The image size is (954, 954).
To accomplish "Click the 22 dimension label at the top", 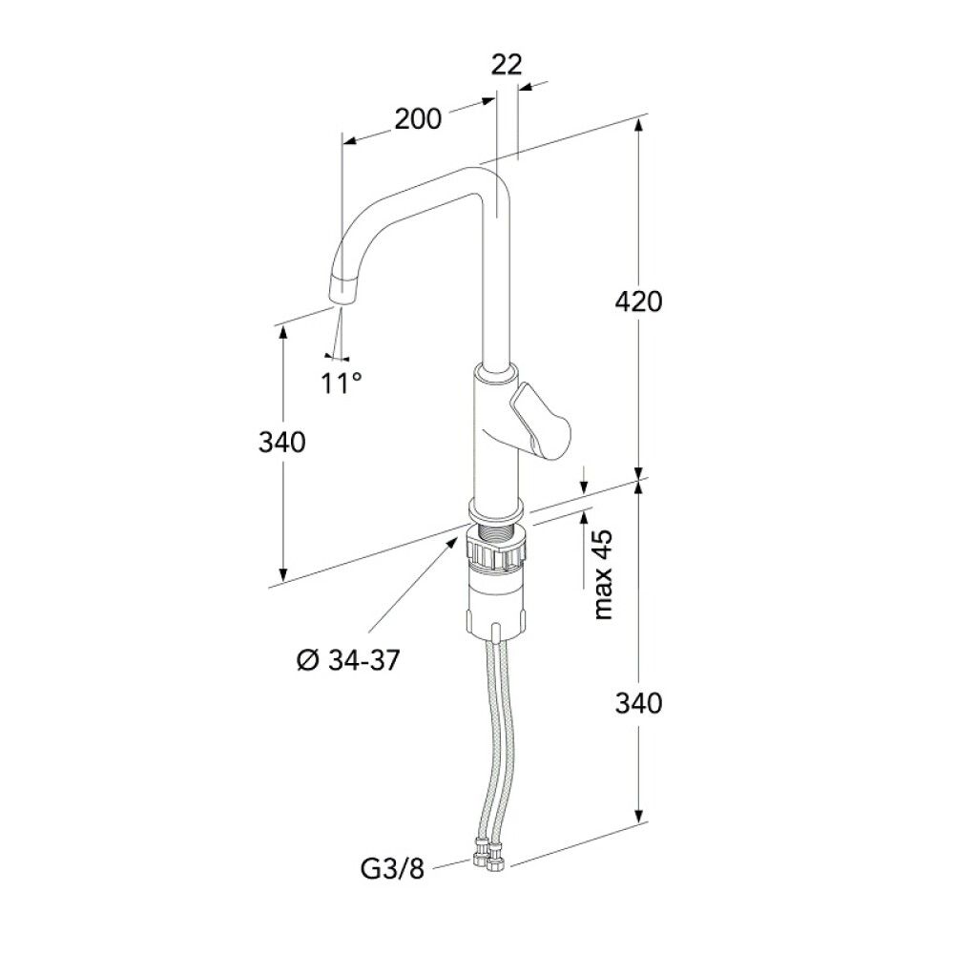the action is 507,65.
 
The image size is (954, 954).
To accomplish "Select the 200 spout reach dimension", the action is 418,118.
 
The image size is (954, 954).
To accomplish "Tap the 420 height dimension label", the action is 638,301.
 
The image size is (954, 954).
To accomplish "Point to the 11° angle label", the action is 342,383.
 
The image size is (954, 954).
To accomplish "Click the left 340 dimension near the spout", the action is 281,443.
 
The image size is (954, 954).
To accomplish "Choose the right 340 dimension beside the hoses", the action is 638,703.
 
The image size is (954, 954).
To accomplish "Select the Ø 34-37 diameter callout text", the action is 348,659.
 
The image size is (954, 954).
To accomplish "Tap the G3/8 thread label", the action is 392,869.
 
